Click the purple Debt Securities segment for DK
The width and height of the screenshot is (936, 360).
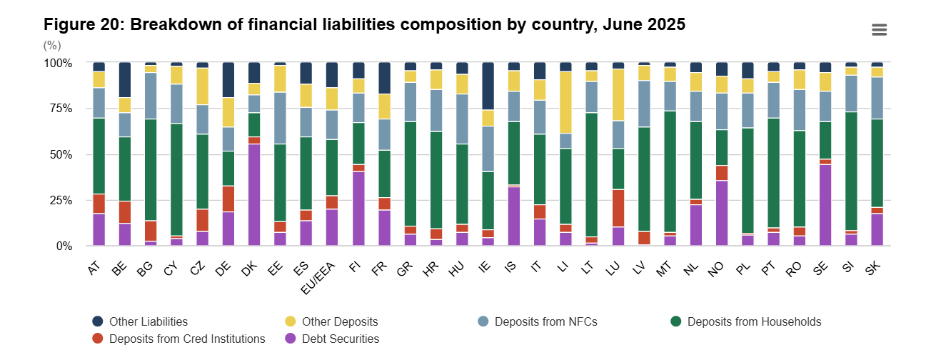[254, 195]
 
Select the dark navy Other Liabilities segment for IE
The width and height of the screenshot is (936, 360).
[488, 86]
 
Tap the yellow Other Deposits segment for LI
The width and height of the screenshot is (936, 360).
[566, 102]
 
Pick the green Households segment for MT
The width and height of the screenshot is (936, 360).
[670, 171]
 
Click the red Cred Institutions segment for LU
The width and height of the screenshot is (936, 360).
[618, 208]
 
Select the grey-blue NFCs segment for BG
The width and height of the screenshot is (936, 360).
[151, 96]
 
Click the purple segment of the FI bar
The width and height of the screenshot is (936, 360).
[358, 209]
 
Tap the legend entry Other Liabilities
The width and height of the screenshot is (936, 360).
[148, 321]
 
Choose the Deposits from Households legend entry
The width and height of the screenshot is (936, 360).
[753, 321]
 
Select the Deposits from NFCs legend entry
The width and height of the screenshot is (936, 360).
[545, 321]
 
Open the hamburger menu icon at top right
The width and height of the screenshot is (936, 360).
[879, 29]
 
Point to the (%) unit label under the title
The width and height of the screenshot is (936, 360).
[52, 44]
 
